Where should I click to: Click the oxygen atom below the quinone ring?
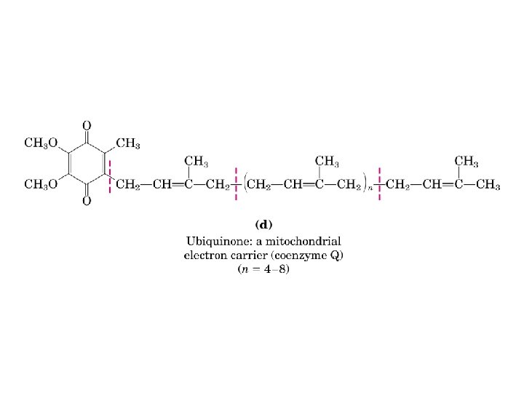pos(87,201)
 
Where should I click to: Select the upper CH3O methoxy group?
pos(41,143)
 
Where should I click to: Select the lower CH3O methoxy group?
pos(41,185)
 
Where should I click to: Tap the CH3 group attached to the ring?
pos(127,143)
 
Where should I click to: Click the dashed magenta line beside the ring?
pos(110,178)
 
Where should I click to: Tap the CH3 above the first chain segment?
pos(197,161)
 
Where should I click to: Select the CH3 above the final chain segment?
pos(467,161)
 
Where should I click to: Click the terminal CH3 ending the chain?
pos(488,186)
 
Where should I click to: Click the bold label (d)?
pos(263,224)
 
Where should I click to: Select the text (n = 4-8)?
pos(263,269)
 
